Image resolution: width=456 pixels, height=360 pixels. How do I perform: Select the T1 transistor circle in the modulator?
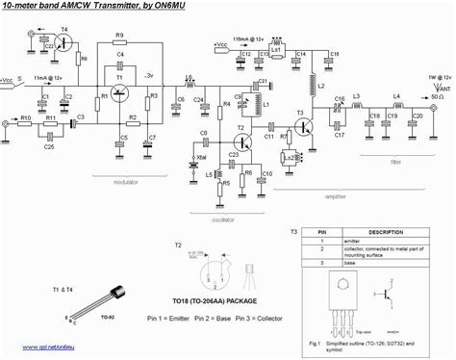point(120,92)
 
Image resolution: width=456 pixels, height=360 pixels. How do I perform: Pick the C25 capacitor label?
point(49,146)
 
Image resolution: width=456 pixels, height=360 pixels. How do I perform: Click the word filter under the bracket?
point(396,163)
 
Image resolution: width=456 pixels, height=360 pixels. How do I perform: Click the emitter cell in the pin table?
point(352,243)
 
